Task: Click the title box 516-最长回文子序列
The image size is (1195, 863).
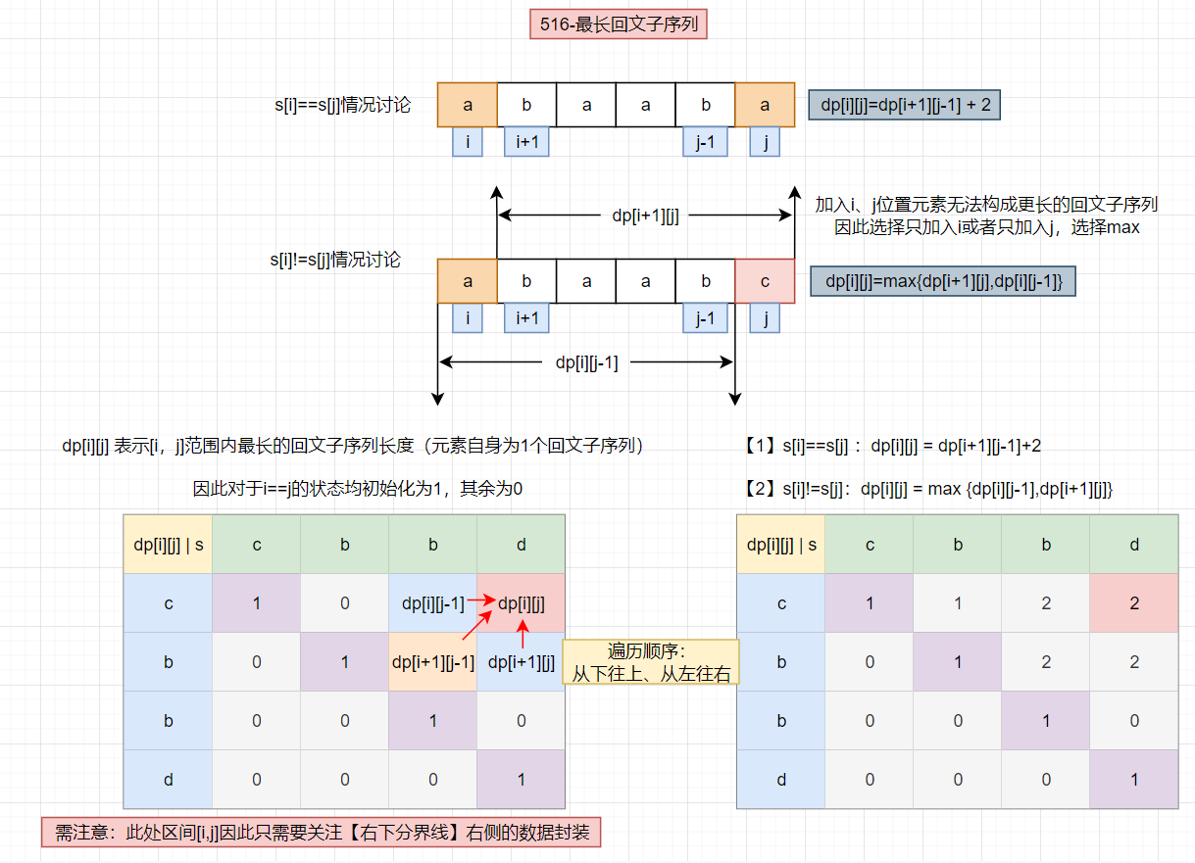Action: coord(618,24)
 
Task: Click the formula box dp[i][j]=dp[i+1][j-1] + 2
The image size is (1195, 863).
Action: coord(904,105)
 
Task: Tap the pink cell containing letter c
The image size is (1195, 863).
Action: coord(765,281)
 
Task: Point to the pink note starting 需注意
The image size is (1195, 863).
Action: coord(321,834)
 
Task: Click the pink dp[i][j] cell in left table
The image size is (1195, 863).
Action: coord(522,603)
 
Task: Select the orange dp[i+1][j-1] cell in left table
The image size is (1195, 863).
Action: coord(433,662)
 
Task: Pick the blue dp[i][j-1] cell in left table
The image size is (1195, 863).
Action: coord(433,603)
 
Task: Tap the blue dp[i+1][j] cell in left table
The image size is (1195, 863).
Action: coord(522,662)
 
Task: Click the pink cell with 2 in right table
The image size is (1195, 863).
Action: coord(1134,603)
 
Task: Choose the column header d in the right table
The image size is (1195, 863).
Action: coord(1134,545)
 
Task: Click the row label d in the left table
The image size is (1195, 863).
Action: coord(168,780)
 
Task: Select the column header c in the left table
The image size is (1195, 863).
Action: coord(257,544)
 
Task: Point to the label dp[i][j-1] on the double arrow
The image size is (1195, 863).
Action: coord(586,362)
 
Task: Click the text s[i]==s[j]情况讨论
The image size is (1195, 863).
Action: coord(342,105)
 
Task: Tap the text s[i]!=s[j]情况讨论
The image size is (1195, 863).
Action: coord(335,261)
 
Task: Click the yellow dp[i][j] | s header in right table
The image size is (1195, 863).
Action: coord(781,545)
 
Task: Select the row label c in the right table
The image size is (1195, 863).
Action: coord(781,603)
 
